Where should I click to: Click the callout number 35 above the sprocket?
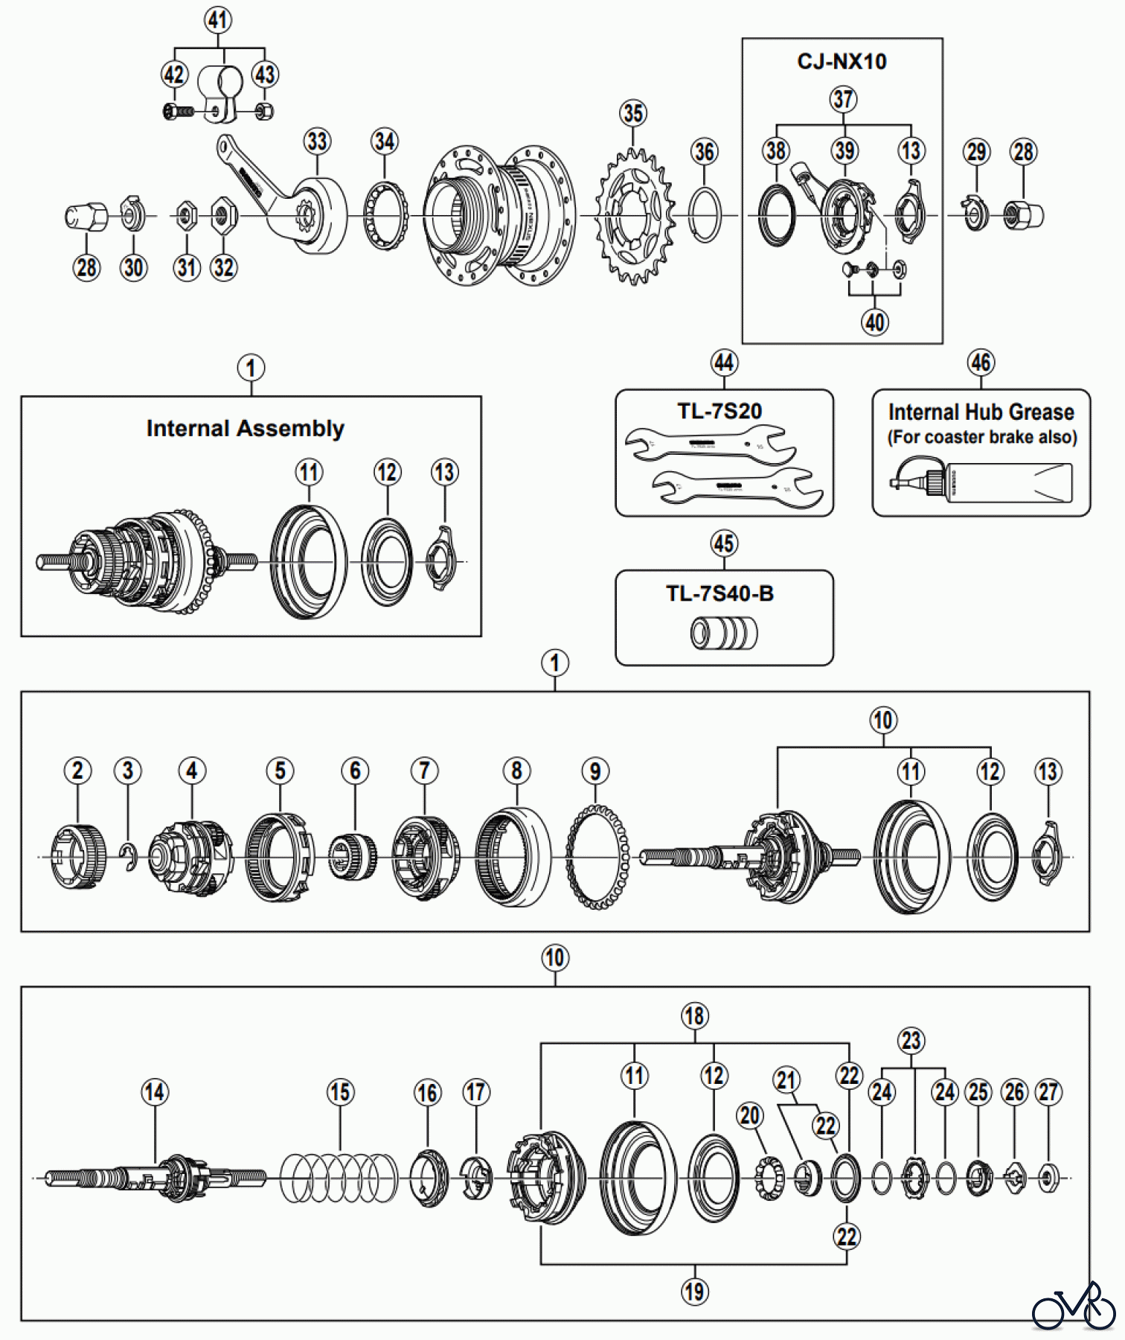[633, 113]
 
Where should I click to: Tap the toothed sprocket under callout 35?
[635, 217]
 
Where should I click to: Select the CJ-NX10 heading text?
[842, 61]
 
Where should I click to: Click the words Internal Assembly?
[245, 429]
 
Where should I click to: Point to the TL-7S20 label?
[719, 411]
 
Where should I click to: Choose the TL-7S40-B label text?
[719, 593]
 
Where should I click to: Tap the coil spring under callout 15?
[339, 1178]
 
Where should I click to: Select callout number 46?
[981, 363]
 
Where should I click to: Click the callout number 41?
[218, 19]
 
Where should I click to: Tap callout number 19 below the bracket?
[695, 1292]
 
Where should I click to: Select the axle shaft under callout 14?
[155, 1177]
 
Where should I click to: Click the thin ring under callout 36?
[705, 215]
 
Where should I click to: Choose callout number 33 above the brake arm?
[317, 141]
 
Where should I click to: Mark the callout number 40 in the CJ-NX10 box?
[875, 322]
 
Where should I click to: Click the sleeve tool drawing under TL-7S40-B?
[724, 634]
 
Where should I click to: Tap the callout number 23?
[911, 1041]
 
